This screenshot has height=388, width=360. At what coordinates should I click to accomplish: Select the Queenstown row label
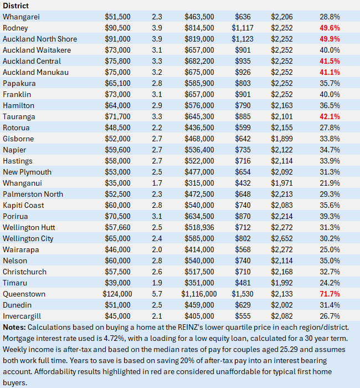click(24, 294)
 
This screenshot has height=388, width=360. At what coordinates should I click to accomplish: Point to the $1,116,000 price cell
click(200, 294)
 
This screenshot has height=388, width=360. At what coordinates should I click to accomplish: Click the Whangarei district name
click(22, 17)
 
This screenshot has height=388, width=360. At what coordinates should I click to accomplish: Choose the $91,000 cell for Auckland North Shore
click(117, 39)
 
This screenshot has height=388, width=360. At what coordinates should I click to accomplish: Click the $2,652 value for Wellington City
click(281, 238)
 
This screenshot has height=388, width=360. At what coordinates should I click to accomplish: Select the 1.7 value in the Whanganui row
click(157, 183)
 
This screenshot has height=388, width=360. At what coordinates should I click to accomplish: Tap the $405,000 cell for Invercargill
click(200, 316)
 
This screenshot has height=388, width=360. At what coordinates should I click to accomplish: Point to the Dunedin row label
click(18, 305)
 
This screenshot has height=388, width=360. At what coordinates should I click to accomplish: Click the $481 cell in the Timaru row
click(243, 283)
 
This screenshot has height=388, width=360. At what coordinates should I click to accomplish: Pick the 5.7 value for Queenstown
click(157, 294)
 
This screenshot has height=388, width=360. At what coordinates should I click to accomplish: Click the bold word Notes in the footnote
click(14, 327)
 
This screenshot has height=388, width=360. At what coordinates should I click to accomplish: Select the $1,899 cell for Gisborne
click(281, 139)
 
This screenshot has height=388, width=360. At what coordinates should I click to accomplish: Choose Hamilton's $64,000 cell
click(117, 105)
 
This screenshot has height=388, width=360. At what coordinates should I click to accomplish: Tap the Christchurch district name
click(24, 272)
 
